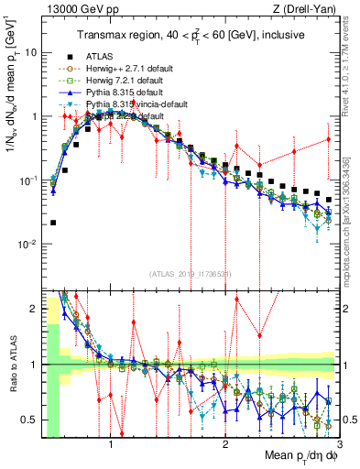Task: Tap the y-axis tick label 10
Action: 31,52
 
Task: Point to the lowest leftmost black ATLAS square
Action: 53,223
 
